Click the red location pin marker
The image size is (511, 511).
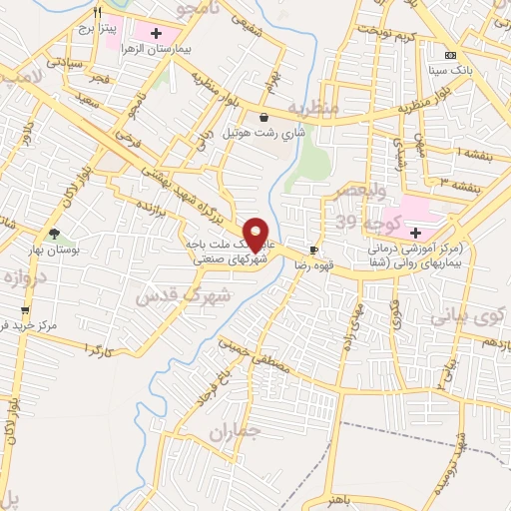point(256,234)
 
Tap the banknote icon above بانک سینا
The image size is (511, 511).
point(450,54)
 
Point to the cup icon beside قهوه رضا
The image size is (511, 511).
point(314,250)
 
